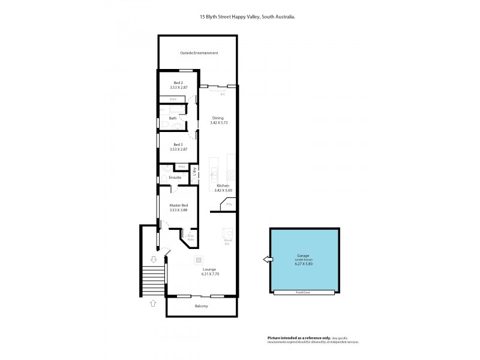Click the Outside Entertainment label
pos(199,53)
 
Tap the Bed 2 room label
pos(178,82)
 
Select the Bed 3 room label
pos(178,144)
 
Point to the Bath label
pos(173,118)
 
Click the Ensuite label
pos(175,178)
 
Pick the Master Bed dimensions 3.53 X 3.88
pos(179,211)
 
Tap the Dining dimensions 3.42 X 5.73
pos(219,123)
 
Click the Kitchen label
pos(223,186)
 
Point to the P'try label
pos(229,205)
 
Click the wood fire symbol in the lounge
pos(228,233)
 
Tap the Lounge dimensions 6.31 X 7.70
pos(209,274)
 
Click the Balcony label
pos(202,307)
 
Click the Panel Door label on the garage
pos(304,292)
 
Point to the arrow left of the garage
pos(266,260)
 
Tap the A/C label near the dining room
pos(223,94)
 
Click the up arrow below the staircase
pos(153,304)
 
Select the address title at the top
pos(247,17)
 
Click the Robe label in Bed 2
pos(173,99)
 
